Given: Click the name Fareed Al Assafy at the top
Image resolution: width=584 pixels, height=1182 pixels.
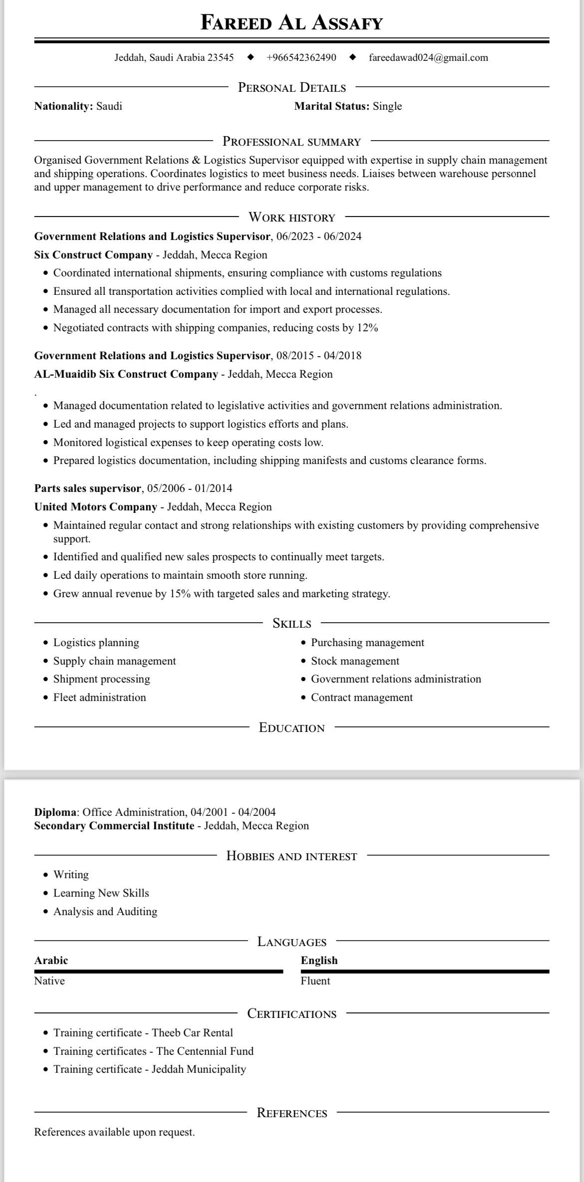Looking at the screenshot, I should coord(292,23).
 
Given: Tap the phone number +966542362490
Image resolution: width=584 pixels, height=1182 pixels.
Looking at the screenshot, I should coord(301,57).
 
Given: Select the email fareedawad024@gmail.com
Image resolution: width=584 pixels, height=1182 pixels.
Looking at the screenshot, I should coord(428,57).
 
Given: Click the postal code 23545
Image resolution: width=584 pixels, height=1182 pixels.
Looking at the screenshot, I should coord(220,57).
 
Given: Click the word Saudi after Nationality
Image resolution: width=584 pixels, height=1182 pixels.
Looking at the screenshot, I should coord(109,106).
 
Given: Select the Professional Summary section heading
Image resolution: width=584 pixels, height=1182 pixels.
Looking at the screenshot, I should coord(292,142).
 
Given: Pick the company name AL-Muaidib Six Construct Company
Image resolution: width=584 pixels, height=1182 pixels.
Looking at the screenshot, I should coord(126,374).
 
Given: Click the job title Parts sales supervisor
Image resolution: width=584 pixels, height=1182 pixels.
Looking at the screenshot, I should coord(87,488).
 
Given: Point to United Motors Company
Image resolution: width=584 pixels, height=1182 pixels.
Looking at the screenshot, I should coord(95,507).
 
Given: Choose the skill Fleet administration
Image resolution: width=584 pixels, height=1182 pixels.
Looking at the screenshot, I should coord(99,698).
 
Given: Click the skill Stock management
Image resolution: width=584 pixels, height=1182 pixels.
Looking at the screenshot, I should coord(355,661).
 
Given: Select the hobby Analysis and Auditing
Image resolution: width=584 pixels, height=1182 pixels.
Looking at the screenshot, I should coord(105,912).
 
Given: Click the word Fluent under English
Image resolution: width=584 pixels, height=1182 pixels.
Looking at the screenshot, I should coord(315,981).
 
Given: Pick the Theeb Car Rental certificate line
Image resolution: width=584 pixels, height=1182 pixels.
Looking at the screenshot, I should coord(143,1032).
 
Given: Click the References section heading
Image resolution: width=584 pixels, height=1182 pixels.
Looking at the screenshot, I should coord(292,1113).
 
